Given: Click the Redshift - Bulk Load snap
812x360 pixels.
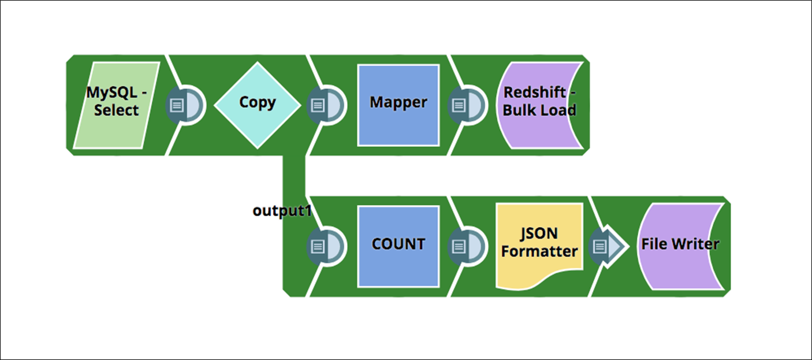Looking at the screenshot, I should pos(539,103).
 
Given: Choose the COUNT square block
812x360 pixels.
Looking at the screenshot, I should pos(398,246).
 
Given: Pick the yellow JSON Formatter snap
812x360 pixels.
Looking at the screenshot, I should pos(539,244).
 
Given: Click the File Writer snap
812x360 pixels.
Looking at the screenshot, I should pos(680,246).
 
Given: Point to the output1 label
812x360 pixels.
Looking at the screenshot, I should pos(282,211).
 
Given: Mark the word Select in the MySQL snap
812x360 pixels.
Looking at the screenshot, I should pos(117,111).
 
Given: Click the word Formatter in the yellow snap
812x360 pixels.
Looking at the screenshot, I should pos(539,252).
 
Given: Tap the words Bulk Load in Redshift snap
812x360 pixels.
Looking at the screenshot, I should pos(539,111).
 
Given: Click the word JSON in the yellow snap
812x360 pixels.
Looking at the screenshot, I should pos(539,234).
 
